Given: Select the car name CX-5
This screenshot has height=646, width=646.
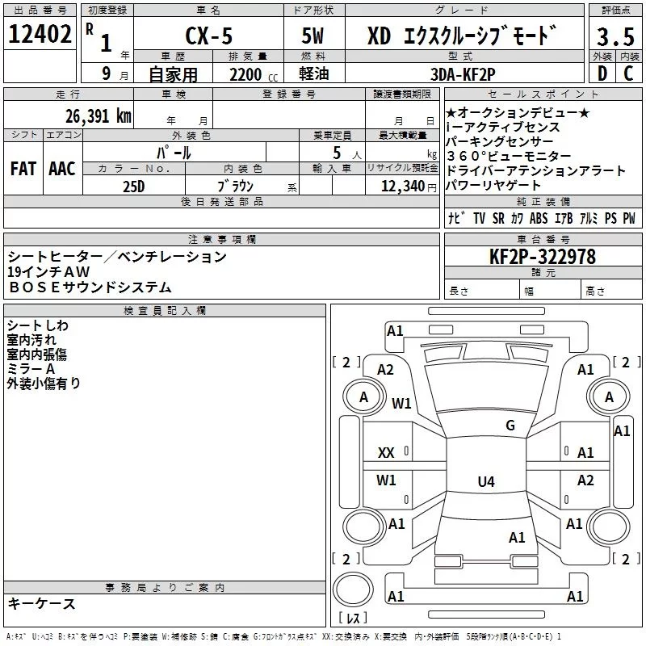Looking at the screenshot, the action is pyautogui.click(x=207, y=36).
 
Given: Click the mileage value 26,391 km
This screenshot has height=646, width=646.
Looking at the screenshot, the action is pyautogui.click(x=98, y=115).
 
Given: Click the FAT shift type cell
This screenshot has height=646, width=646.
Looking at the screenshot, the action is pyautogui.click(x=23, y=169).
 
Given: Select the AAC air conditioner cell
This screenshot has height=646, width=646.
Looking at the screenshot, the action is pyautogui.click(x=62, y=169).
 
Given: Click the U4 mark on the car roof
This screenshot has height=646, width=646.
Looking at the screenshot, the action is pyautogui.click(x=485, y=482).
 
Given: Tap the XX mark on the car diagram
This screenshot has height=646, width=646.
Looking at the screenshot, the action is pyautogui.click(x=386, y=453).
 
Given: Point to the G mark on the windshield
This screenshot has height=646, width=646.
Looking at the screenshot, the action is pyautogui.click(x=510, y=426).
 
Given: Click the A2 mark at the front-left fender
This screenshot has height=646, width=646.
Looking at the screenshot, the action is pyautogui.click(x=385, y=369).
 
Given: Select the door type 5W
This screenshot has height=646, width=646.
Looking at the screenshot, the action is pyautogui.click(x=314, y=36).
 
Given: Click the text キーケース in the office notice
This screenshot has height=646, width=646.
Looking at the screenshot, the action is pyautogui.click(x=42, y=603).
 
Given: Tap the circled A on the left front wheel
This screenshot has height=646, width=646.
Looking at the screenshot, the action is pyautogui.click(x=363, y=397).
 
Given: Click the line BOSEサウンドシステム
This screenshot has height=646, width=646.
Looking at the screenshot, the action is pyautogui.click(x=90, y=287).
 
